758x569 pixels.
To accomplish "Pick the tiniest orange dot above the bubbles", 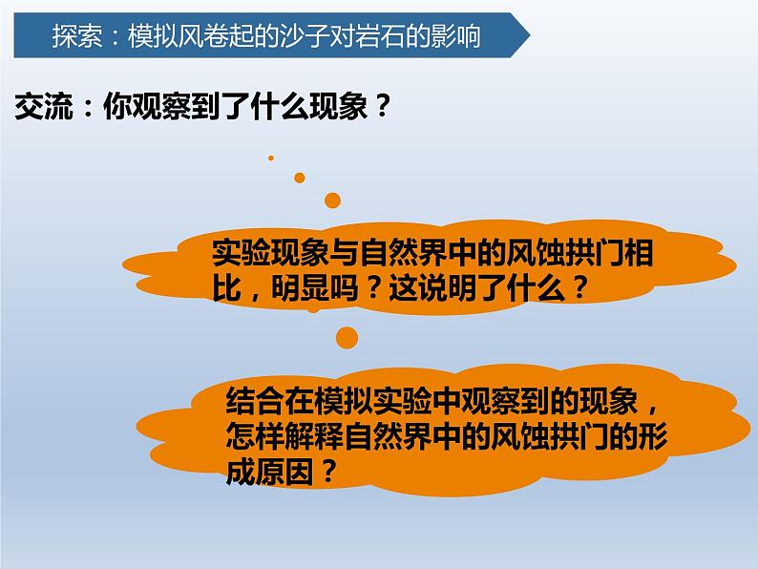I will (271, 158).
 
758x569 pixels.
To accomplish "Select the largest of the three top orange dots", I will (332, 200).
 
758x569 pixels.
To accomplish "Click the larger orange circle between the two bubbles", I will (347, 336).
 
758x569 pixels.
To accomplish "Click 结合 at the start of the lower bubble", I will (252, 396).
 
